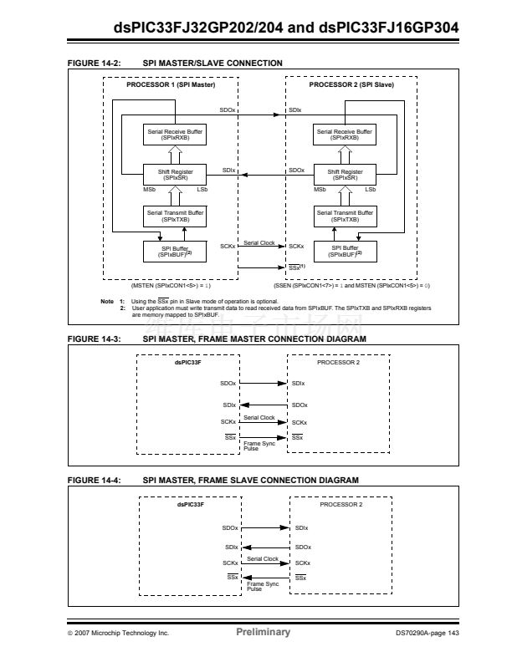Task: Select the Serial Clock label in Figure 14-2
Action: pos(259,242)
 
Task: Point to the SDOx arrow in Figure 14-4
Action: pos(265,528)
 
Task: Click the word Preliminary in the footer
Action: pos(263,632)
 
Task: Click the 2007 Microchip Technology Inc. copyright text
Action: pos(118,633)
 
